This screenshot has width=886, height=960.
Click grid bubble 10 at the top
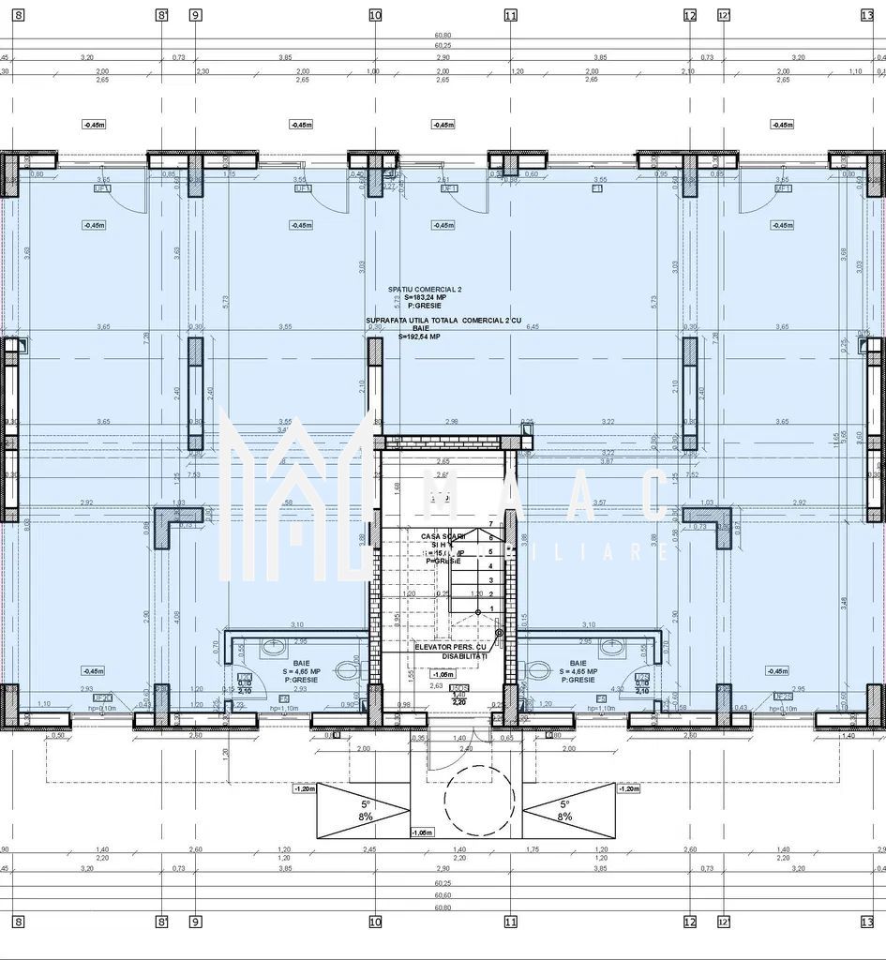tap(375, 15)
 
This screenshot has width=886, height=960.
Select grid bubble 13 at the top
tap(867, 15)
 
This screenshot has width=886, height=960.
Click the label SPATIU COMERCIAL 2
tap(413, 289)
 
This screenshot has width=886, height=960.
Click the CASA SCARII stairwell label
tap(436, 536)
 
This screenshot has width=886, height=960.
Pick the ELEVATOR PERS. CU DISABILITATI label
tap(451, 652)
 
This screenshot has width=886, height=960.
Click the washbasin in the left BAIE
tap(273, 646)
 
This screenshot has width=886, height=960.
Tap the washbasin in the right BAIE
tap(611, 646)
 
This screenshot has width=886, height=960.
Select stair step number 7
tap(491, 522)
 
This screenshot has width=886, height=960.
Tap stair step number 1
tap(491, 608)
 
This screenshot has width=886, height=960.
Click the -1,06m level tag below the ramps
tap(421, 832)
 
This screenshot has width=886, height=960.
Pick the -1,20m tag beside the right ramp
tap(628, 789)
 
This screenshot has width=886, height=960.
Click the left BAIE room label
tap(301, 663)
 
